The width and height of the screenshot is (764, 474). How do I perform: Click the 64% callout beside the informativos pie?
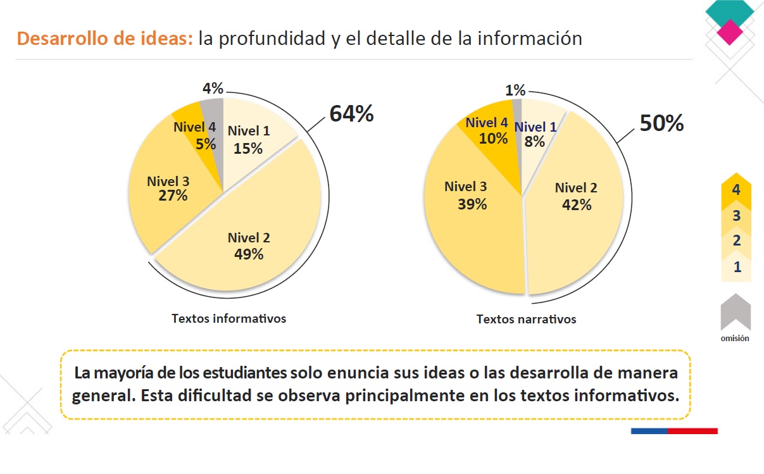pyautogui.click(x=351, y=115)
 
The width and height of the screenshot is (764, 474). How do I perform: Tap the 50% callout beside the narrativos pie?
pyautogui.click(x=661, y=123)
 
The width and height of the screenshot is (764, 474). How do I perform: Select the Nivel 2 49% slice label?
pyautogui.click(x=249, y=246)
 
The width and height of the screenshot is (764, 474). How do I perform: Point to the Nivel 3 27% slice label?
pyautogui.click(x=168, y=189)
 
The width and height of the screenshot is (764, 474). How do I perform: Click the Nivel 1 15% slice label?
pyautogui.click(x=249, y=139)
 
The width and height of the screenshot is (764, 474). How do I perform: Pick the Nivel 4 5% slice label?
pyautogui.click(x=195, y=135)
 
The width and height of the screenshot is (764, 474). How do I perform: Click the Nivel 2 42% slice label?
pyautogui.click(x=576, y=196)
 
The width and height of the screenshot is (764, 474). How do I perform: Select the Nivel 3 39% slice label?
pyautogui.click(x=466, y=195)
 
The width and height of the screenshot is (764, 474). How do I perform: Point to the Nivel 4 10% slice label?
pyautogui.click(x=487, y=130)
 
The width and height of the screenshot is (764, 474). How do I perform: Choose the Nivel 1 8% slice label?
pyautogui.click(x=535, y=134)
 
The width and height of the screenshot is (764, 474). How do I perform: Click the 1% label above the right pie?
pyautogui.click(x=516, y=91)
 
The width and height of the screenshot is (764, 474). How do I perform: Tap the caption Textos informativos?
pyautogui.click(x=229, y=318)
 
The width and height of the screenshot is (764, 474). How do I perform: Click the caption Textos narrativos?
pyautogui.click(x=526, y=319)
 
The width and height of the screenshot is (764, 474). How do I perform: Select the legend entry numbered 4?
pyautogui.click(x=736, y=190)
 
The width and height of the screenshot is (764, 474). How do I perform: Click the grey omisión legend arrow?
pyautogui.click(x=736, y=311)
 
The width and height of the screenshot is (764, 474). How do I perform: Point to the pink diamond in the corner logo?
pyautogui.click(x=730, y=32)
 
